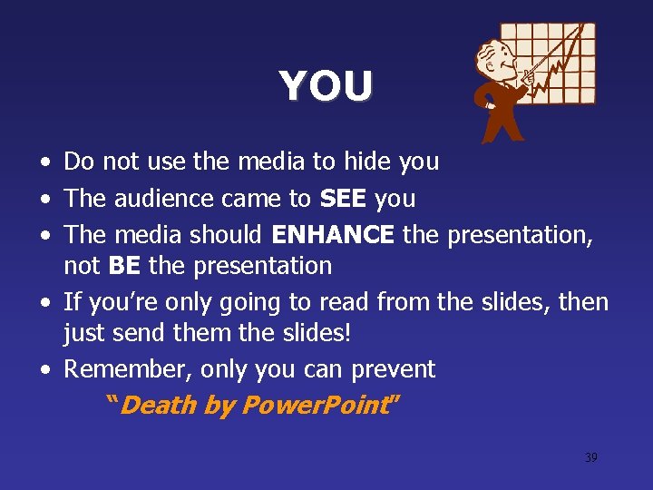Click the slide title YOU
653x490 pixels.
[326, 86]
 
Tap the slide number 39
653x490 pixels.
[590, 457]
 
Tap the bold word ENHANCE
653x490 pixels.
[333, 234]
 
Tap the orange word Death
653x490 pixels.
[158, 405]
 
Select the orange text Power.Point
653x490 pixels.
[310, 405]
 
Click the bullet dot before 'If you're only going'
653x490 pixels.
[44, 302]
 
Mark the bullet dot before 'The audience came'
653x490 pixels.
[44, 199]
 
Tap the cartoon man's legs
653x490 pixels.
[503, 123]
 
